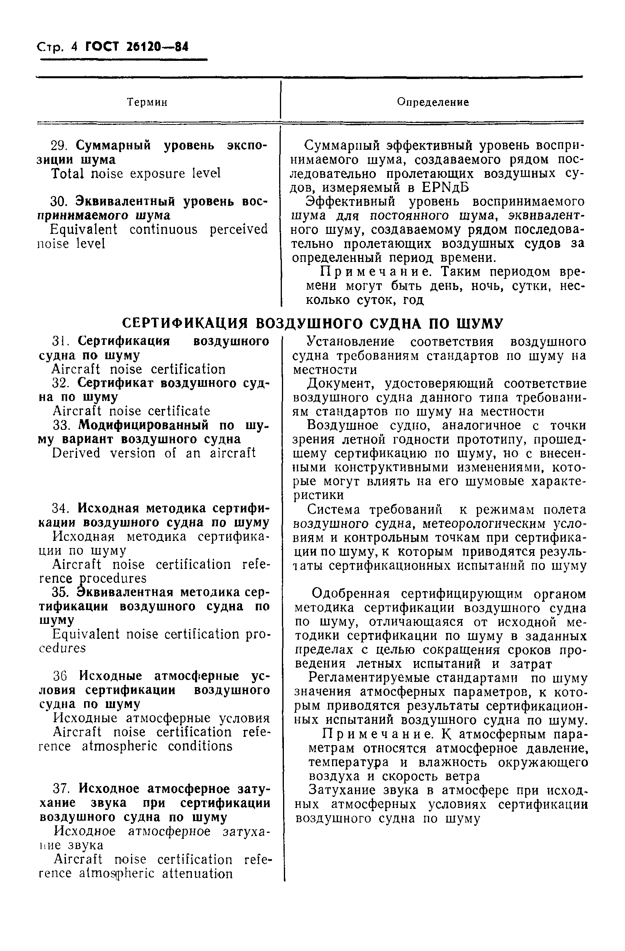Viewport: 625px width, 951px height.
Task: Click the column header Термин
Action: tap(147, 102)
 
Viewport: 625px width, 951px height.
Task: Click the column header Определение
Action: tap(432, 102)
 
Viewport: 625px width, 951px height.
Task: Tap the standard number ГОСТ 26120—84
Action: tap(137, 47)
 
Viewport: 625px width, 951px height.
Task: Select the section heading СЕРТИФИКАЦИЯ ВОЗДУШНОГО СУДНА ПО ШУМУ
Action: tap(312, 323)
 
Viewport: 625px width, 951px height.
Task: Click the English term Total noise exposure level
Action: tap(136, 173)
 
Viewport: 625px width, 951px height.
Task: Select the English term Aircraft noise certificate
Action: tap(131, 411)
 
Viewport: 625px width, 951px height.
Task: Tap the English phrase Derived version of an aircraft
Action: tap(154, 453)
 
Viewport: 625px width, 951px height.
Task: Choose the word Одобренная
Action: tap(350, 594)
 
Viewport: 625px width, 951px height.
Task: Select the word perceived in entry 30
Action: tap(238, 230)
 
